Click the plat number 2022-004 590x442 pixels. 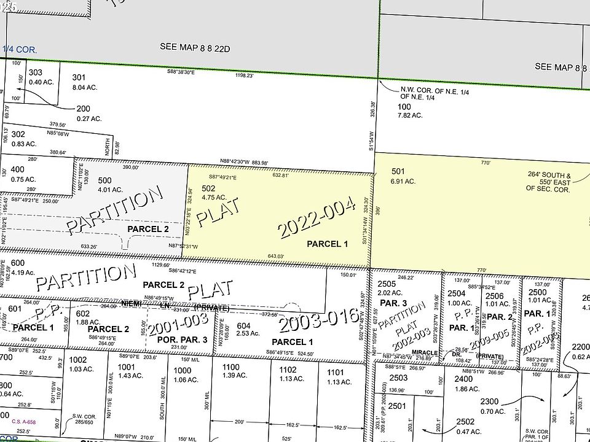317,220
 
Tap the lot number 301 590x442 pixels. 79,77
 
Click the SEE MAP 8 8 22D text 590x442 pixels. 194,46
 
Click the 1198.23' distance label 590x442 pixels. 244,76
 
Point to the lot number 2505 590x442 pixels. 386,284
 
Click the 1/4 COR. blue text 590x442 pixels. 20,49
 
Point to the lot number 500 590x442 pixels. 105,180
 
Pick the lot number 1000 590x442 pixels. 181,370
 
